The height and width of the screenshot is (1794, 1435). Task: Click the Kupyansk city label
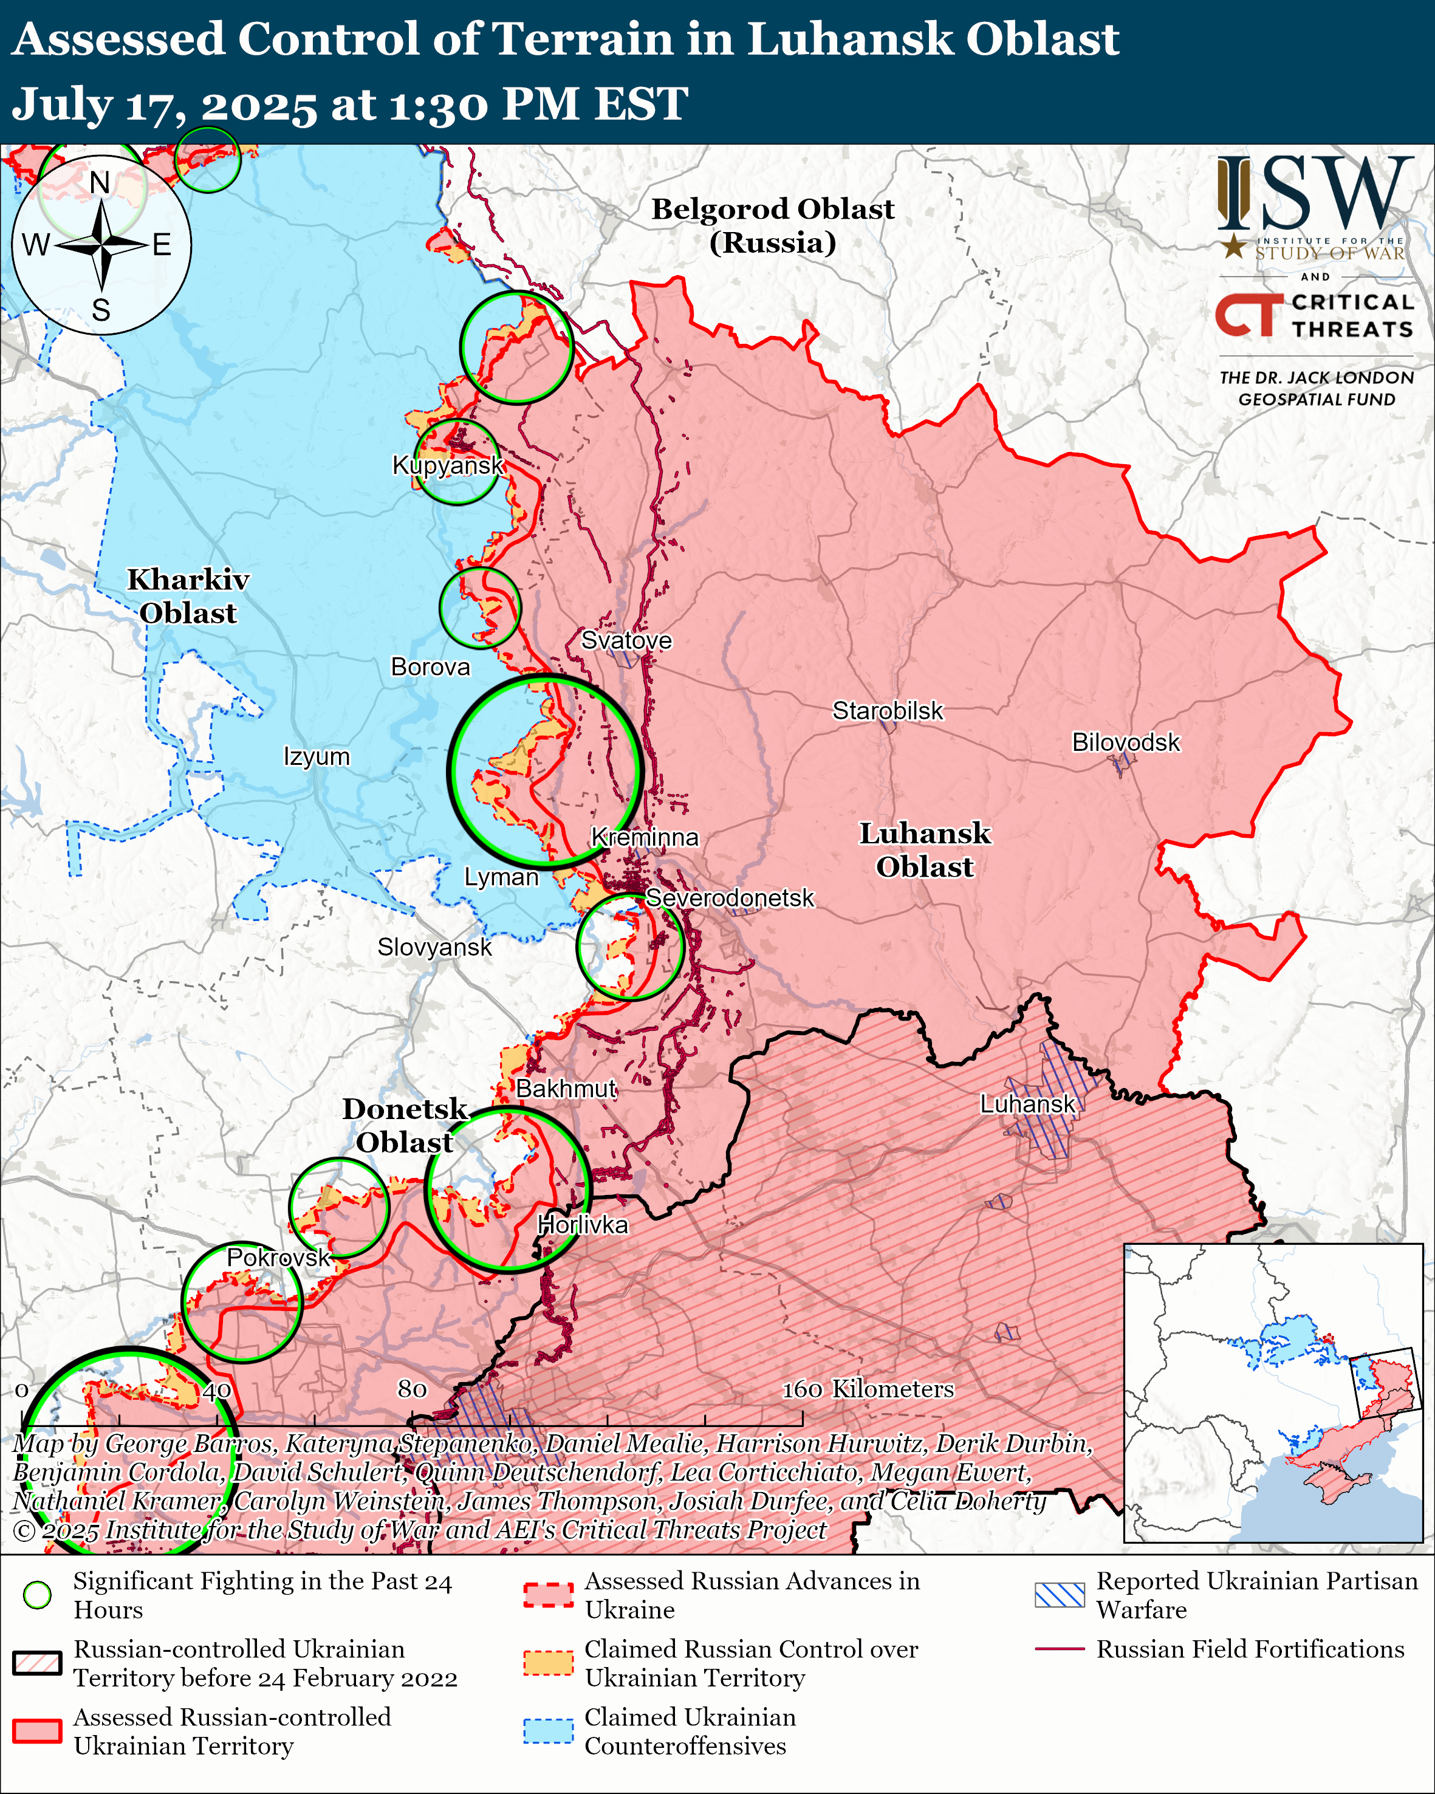448,465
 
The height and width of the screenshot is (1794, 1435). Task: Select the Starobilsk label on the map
888,711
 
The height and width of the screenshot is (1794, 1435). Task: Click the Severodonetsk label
730,898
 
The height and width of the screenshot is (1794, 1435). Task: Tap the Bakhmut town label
566,1089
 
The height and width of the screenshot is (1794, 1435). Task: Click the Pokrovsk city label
279,1258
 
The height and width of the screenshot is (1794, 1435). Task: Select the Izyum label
316,756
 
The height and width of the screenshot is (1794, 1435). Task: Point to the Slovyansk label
434,947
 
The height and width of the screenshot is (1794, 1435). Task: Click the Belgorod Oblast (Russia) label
772,225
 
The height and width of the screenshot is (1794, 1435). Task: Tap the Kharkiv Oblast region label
188,596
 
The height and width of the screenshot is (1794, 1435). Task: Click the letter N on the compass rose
100,182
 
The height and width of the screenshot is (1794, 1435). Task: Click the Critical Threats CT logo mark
1248,315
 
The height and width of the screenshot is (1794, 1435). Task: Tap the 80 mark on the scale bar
413,1389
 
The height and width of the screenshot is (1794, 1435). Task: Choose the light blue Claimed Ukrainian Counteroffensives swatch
548,1731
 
